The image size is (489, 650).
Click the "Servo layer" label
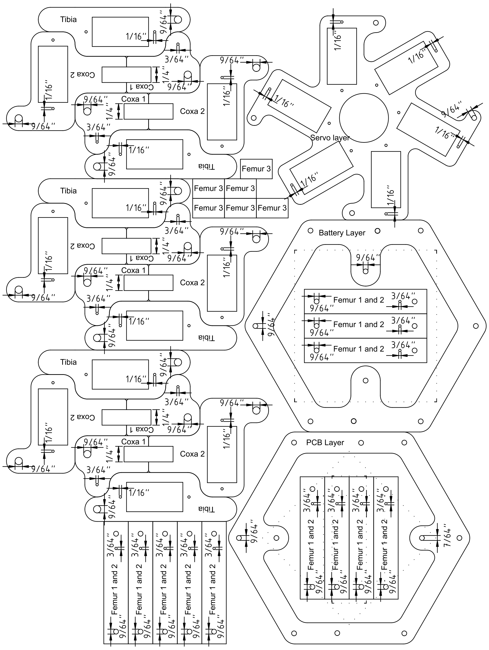[330, 137]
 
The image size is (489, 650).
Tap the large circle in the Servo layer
[364, 118]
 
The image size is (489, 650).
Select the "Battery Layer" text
[342, 233]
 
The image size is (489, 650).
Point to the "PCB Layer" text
[325, 442]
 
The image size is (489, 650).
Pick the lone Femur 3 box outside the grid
[256, 169]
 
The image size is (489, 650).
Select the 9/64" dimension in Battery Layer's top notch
[368, 258]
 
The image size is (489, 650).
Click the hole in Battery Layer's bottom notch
[366, 381]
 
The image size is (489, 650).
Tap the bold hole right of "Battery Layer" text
[377, 231]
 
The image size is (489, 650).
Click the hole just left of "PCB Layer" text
[294, 442]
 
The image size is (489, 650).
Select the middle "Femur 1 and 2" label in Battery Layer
[358, 324]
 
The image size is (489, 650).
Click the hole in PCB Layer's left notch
[276, 538]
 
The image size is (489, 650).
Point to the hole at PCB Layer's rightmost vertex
[459, 538]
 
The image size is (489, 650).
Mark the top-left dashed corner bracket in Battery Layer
[295, 251]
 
